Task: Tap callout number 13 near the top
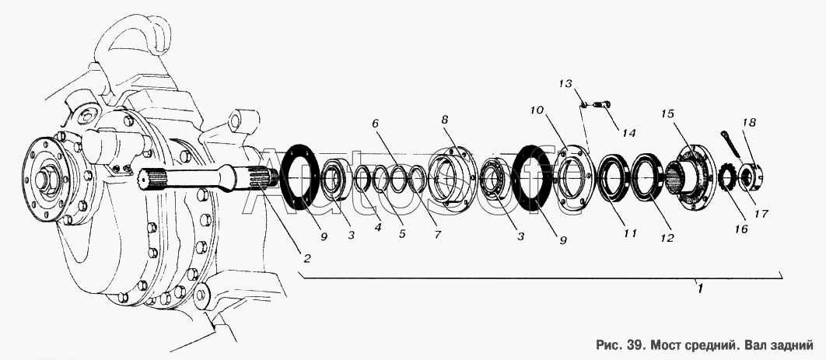point(565,84)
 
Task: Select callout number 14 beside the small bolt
point(628,133)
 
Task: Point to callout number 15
point(668,114)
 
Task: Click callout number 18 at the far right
point(749,123)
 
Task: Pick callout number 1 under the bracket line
point(699,288)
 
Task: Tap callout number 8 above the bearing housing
point(445,120)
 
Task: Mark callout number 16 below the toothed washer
point(741,229)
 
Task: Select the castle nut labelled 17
point(750,176)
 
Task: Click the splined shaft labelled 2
point(211,178)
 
